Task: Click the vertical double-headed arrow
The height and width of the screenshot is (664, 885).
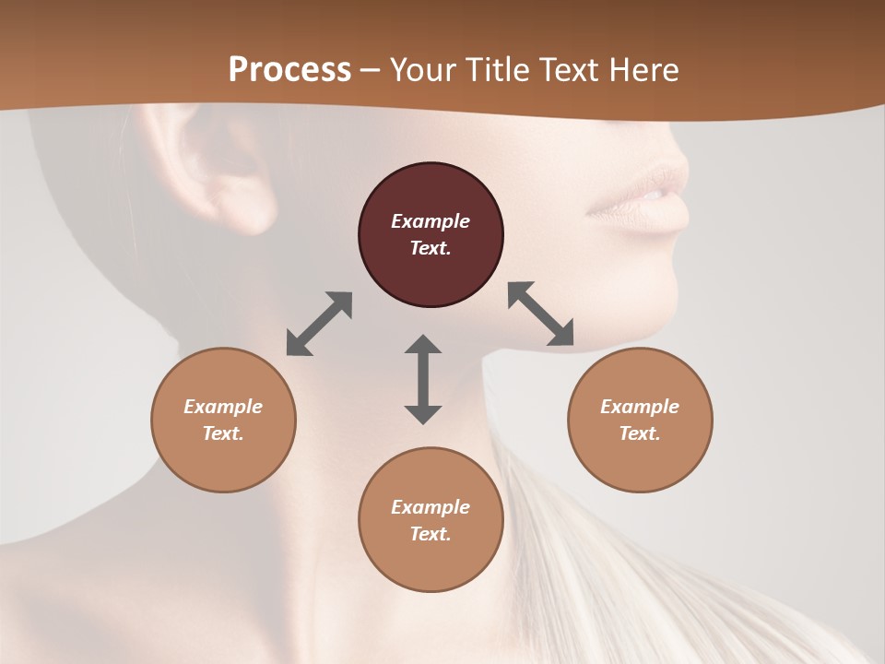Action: tap(423, 379)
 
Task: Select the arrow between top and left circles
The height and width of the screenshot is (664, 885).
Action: tap(319, 324)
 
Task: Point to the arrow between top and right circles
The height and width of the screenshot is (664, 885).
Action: tap(540, 314)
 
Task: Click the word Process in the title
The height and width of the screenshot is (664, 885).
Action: tap(289, 70)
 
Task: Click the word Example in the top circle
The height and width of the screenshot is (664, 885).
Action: tap(431, 221)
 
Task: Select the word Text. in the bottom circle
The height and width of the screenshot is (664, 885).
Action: tap(431, 534)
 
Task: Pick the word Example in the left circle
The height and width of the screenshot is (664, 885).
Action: tap(223, 407)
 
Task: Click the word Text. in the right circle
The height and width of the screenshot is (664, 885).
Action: tap(640, 433)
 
